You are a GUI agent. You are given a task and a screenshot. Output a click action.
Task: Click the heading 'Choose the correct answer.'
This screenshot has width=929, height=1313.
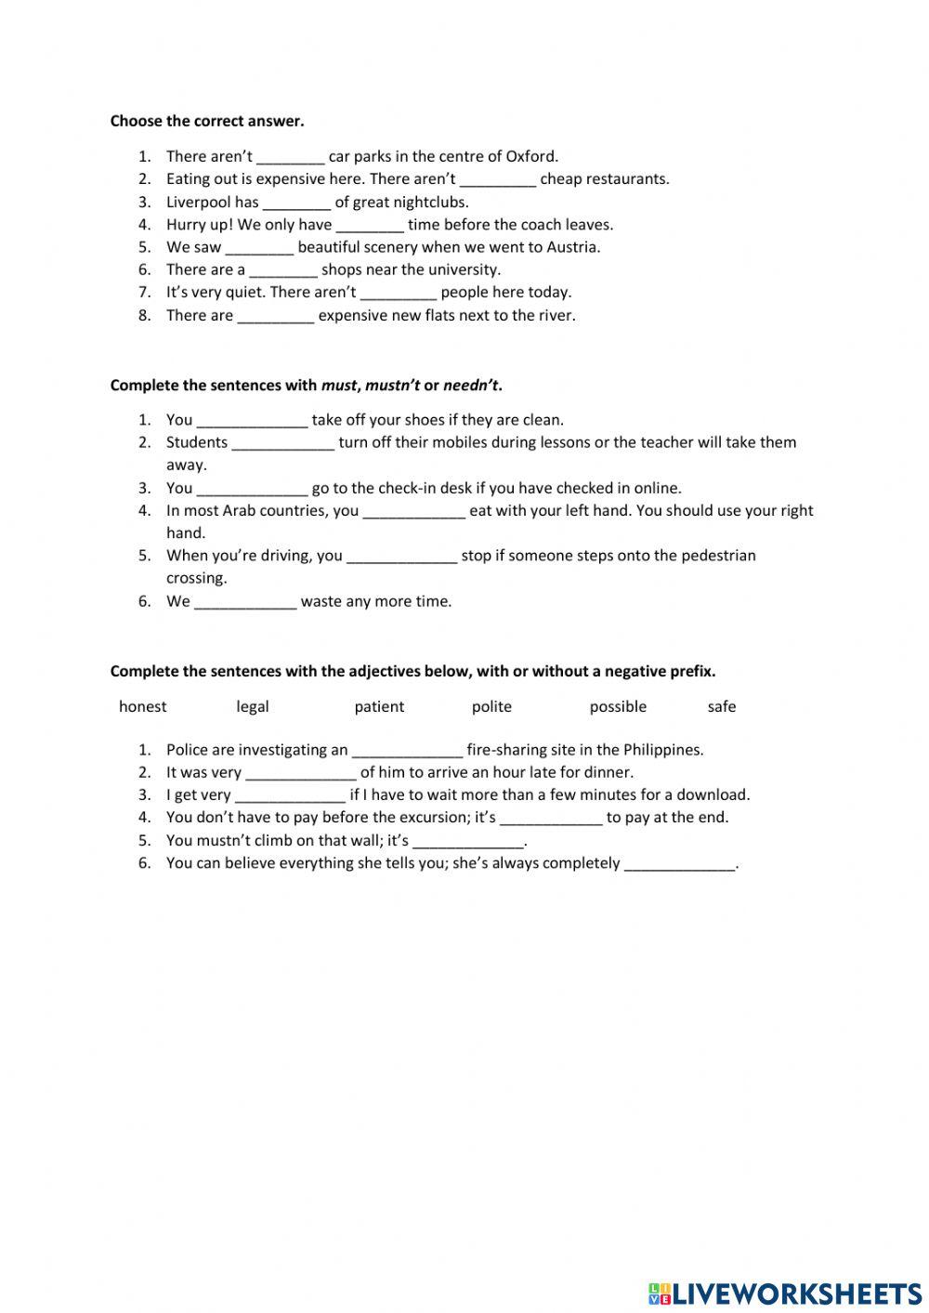pos(207,121)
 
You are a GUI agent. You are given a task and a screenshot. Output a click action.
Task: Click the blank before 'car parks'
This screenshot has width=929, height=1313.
pos(290,157)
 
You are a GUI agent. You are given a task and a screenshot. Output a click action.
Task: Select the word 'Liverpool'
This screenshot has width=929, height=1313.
pos(199,202)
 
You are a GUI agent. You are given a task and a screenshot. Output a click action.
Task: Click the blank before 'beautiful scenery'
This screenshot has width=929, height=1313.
pos(259,247)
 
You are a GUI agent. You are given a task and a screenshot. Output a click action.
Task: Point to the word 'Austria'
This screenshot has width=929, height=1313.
pos(573,247)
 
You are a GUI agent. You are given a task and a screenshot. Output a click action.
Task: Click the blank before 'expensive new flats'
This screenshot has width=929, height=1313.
pos(276,316)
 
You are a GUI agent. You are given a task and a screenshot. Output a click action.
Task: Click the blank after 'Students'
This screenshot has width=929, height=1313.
pos(282,443)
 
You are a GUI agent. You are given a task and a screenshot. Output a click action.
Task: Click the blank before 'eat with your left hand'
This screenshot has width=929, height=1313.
pos(413,511)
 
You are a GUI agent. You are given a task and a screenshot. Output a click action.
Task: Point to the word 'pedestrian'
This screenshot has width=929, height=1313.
pos(718,556)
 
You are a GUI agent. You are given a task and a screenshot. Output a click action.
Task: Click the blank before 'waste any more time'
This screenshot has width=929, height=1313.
pos(245,602)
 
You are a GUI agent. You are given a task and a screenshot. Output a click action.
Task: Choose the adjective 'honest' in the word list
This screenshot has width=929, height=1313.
pos(143,706)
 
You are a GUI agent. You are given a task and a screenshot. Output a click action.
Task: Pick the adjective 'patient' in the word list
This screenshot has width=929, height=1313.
pos(379,706)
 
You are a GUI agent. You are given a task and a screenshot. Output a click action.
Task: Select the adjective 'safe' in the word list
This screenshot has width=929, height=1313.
pos(721,706)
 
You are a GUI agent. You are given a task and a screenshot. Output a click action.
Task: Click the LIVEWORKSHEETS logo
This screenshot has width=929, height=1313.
pos(784,1293)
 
